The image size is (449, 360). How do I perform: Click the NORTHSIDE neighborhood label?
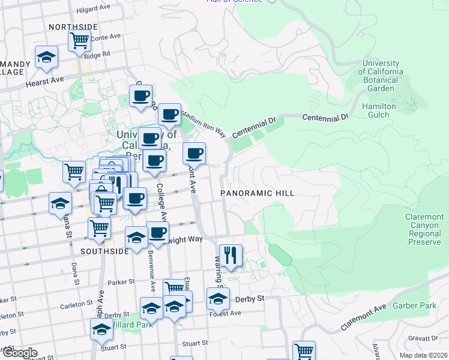pos(73,27)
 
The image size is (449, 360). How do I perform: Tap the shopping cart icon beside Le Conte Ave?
pos(79,41)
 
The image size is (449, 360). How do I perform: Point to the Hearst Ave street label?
pos(44,81)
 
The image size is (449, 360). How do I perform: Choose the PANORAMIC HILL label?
pos(257,193)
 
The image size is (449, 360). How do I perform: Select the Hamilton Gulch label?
pos(379,110)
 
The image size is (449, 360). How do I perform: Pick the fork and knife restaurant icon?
pos(231,255)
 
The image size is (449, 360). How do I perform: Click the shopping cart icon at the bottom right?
pos(304,350)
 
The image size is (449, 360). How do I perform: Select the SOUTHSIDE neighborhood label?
pos(104,251)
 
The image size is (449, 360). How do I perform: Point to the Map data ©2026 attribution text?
pos(423,355)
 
